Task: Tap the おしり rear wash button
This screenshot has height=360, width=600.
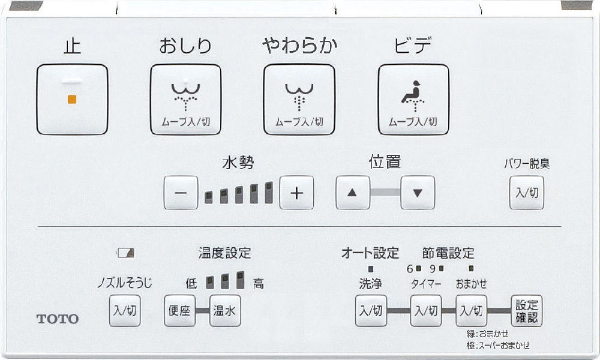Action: [x=185, y=100]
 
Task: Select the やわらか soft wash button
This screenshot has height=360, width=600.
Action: [x=299, y=100]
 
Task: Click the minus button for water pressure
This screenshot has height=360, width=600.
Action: [x=181, y=193]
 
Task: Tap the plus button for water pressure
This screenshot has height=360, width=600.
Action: [x=296, y=193]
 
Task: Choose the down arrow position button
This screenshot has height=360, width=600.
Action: [x=418, y=193]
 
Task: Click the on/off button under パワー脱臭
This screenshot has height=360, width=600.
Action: [x=527, y=193]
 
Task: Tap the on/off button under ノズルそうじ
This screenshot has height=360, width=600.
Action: [x=125, y=310]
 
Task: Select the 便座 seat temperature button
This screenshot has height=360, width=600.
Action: [x=180, y=310]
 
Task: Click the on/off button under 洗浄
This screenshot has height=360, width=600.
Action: [x=371, y=310]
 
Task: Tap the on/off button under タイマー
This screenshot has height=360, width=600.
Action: [x=426, y=310]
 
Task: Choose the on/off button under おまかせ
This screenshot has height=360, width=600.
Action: [x=472, y=310]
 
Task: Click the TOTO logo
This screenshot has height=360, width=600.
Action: [x=58, y=319]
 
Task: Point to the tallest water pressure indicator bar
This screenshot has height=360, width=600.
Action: [x=269, y=193]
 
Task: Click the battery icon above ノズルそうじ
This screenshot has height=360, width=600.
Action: [x=125, y=253]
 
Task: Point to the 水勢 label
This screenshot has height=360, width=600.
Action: [x=238, y=163]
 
